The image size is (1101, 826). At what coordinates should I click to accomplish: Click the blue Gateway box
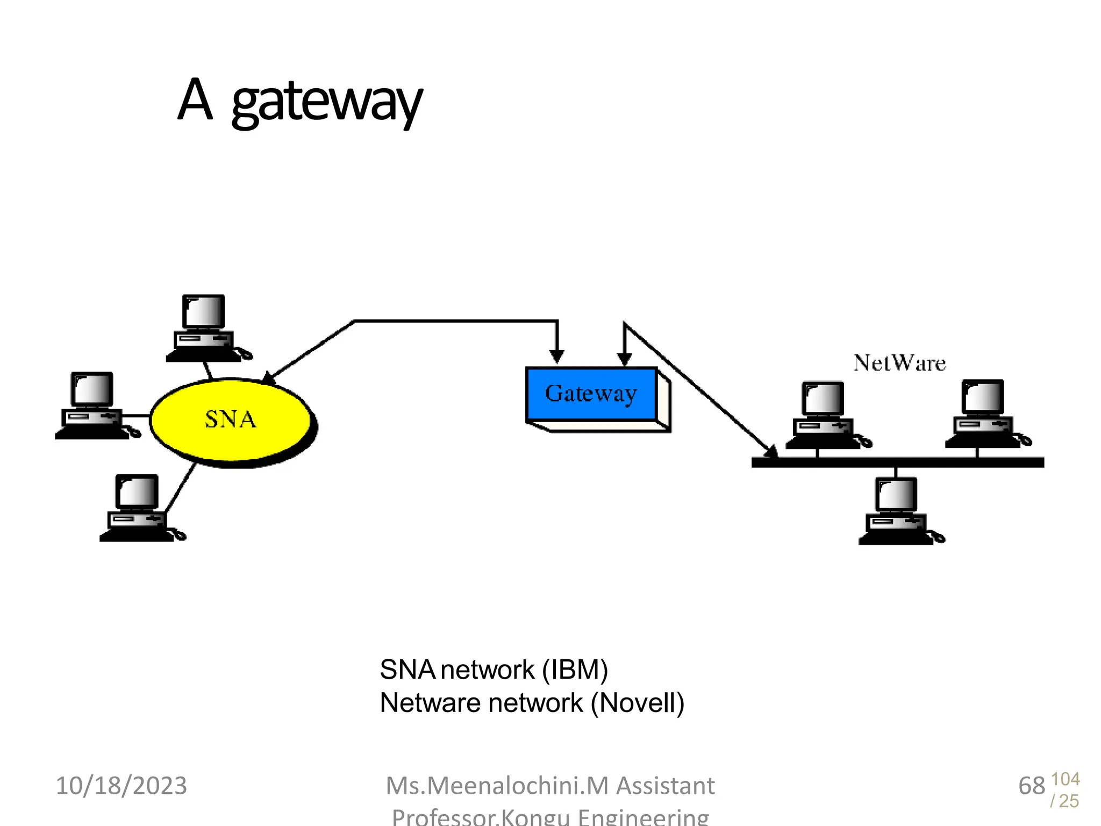pos(591,394)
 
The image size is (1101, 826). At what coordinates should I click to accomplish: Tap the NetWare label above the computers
pos(899,363)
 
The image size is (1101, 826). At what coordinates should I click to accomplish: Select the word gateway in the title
pos(327,102)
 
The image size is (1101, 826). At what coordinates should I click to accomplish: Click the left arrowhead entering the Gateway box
pos(557,356)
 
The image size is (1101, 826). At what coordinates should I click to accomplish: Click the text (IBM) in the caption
pos(575,670)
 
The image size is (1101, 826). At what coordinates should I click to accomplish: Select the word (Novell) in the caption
pos(637,703)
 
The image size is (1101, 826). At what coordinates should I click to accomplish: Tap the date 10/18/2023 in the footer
pos(121,786)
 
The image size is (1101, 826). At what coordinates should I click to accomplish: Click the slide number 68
pos(1031,786)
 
